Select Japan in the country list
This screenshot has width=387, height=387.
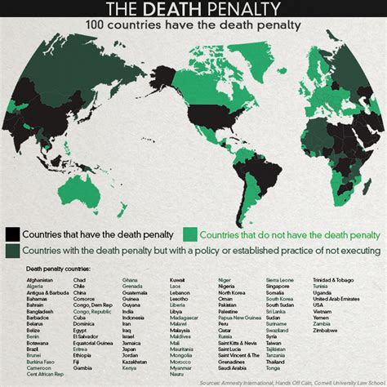tap(129, 349)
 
